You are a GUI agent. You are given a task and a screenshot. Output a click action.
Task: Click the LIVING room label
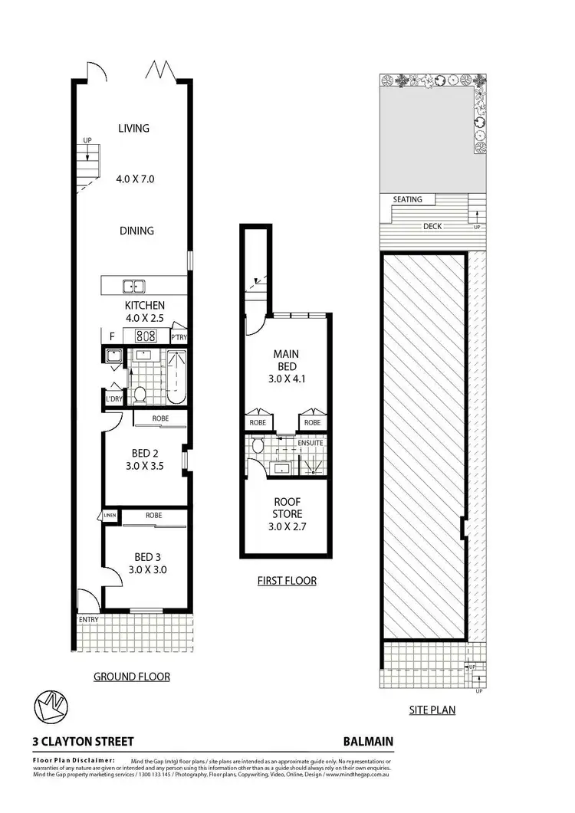pyautogui.click(x=133, y=129)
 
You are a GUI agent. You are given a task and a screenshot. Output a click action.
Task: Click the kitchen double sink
pyautogui.click(x=135, y=287)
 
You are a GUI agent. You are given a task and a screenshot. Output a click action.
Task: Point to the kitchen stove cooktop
pyautogui.click(x=146, y=336)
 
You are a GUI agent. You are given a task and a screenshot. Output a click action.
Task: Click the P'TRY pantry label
pyautogui.click(x=179, y=337)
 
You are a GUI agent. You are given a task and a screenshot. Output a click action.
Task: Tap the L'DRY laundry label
pyautogui.click(x=113, y=399)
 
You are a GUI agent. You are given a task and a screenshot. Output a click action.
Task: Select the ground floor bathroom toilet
pyautogui.click(x=140, y=395)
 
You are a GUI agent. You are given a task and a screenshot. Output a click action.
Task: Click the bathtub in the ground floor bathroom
pyautogui.click(x=176, y=376)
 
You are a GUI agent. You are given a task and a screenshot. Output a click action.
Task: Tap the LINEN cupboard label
pyautogui.click(x=110, y=515)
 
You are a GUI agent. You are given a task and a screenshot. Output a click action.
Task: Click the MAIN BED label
pyautogui.click(x=287, y=360)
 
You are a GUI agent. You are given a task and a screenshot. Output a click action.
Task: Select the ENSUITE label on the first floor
pyautogui.click(x=310, y=443)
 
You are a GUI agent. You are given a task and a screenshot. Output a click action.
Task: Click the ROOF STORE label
pyautogui.click(x=287, y=508)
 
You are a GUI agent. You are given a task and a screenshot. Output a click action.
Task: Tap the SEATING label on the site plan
pyautogui.click(x=407, y=199)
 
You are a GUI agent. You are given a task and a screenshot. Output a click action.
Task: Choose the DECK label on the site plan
pyautogui.click(x=434, y=227)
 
